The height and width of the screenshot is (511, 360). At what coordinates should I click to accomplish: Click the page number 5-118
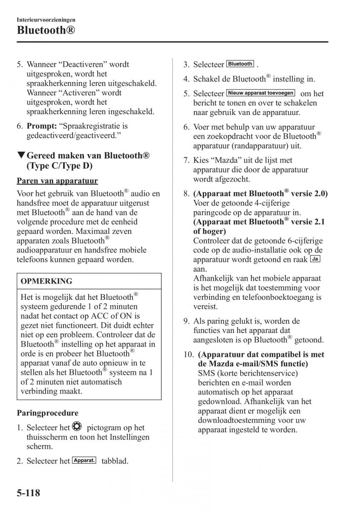point(29,494)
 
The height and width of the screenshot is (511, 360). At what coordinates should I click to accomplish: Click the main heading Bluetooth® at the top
point(47,30)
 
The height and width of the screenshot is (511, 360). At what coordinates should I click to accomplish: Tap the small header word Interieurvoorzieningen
point(46,20)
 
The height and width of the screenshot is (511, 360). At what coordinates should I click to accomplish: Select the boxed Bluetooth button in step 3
point(240,64)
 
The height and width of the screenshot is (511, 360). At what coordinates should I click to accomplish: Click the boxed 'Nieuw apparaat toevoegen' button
point(261,93)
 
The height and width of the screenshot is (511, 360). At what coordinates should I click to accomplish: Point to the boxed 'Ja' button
point(315,259)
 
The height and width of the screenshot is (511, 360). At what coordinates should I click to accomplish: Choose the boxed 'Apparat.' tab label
point(84,460)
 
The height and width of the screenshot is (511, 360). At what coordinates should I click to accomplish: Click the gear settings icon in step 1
point(77,427)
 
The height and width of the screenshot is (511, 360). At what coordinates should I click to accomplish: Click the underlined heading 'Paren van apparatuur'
point(58,181)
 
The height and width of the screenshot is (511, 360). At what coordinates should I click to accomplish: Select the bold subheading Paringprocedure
point(48,413)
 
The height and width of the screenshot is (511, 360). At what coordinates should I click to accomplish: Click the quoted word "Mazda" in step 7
point(222,161)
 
